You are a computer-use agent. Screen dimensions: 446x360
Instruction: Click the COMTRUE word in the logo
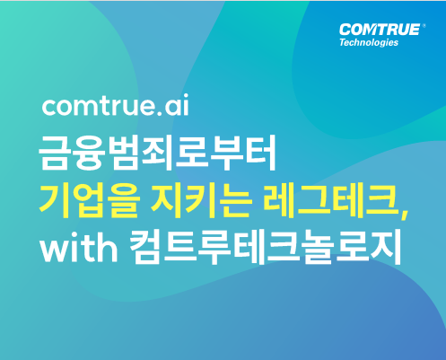click(x=380, y=30)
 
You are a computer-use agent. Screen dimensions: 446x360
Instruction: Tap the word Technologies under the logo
click(x=369, y=42)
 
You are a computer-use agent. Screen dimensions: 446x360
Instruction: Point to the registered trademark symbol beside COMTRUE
click(x=424, y=26)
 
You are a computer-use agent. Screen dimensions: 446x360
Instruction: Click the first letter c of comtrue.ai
click(x=50, y=107)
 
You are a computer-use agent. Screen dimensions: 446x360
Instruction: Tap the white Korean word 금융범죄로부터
click(x=157, y=154)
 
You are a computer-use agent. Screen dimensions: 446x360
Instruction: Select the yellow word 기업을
click(x=89, y=201)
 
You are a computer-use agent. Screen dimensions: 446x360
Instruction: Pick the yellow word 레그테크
click(x=331, y=200)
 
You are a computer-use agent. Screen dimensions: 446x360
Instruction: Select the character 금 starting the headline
click(x=56, y=154)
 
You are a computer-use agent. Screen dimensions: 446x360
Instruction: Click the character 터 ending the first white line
click(x=259, y=154)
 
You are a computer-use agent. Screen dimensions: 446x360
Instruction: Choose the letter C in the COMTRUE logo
click(x=345, y=30)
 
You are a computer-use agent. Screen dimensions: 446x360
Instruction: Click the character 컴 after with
click(x=146, y=247)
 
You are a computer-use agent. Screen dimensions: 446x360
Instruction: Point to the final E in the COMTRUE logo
click(x=415, y=30)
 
